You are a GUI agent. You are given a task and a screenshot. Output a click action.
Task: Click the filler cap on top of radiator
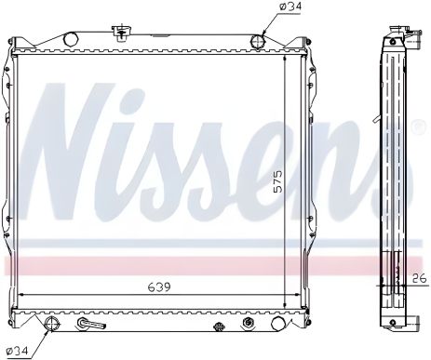119,34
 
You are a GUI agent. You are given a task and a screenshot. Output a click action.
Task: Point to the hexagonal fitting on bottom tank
248,324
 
